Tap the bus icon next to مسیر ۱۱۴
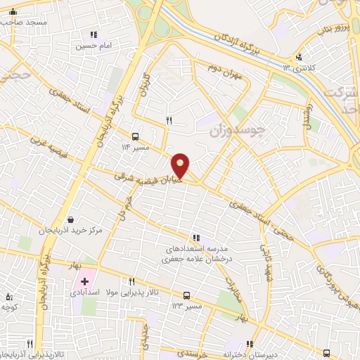pyautogui.click(x=135, y=137)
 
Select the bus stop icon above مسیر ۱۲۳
pyautogui.click(x=187, y=296)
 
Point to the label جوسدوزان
pyautogui.click(x=261, y=131)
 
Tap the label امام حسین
pyautogui.click(x=94, y=46)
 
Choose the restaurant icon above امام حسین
pyautogui.click(x=92, y=34)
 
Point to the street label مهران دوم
pyautogui.click(x=224, y=75)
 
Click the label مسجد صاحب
pyautogui.click(x=24, y=22)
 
